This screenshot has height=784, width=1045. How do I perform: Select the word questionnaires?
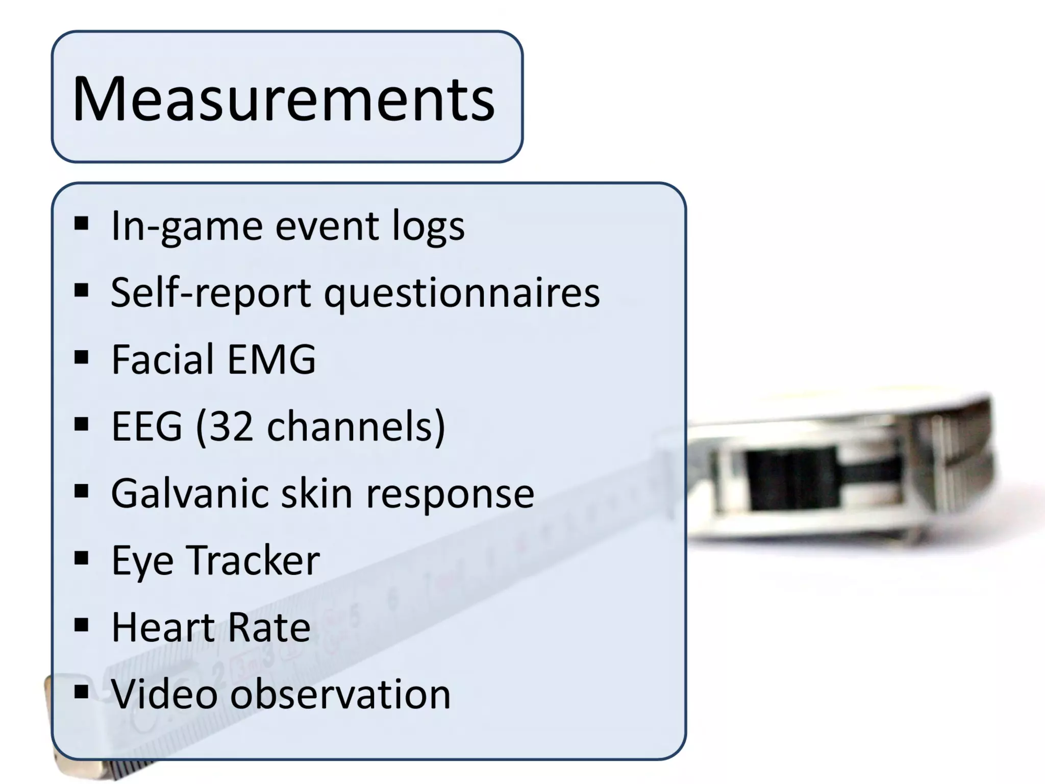462,293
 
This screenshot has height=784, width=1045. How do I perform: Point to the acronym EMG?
271,359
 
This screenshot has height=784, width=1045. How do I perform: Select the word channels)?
356,427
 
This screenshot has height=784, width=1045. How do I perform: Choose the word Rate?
269,627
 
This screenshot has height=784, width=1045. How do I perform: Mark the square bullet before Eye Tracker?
82,558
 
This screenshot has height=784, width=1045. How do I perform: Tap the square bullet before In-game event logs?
82,224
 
